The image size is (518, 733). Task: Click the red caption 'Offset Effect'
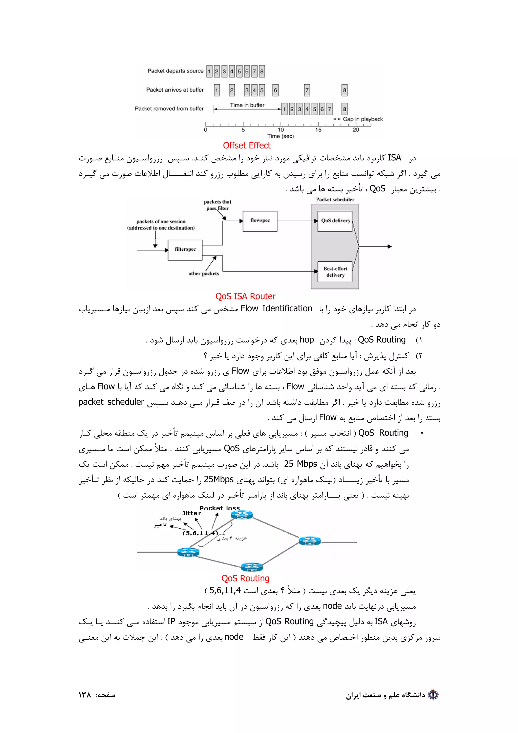tap(246, 146)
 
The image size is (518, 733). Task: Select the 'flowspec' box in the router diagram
tap(260, 221)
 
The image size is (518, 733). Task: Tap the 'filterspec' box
tap(185, 250)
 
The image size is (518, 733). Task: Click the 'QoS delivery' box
tap(335, 221)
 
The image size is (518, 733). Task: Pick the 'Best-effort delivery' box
tap(335, 272)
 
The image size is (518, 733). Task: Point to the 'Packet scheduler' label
tap(335, 200)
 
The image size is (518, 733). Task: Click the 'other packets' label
tap(204, 274)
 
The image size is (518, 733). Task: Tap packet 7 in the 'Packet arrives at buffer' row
tap(307, 90)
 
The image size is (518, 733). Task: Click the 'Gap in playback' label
tap(362, 119)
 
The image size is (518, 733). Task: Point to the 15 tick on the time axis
tap(318, 130)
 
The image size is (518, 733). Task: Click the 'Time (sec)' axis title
tap(280, 136)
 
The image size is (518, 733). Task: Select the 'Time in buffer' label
tap(247, 105)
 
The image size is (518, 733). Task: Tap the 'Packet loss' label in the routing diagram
tap(220, 508)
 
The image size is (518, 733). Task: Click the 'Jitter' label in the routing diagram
tap(191, 513)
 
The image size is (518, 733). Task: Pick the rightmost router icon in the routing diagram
tap(310, 541)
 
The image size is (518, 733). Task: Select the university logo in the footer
tap(433, 695)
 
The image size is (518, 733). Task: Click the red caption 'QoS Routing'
tap(245, 578)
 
